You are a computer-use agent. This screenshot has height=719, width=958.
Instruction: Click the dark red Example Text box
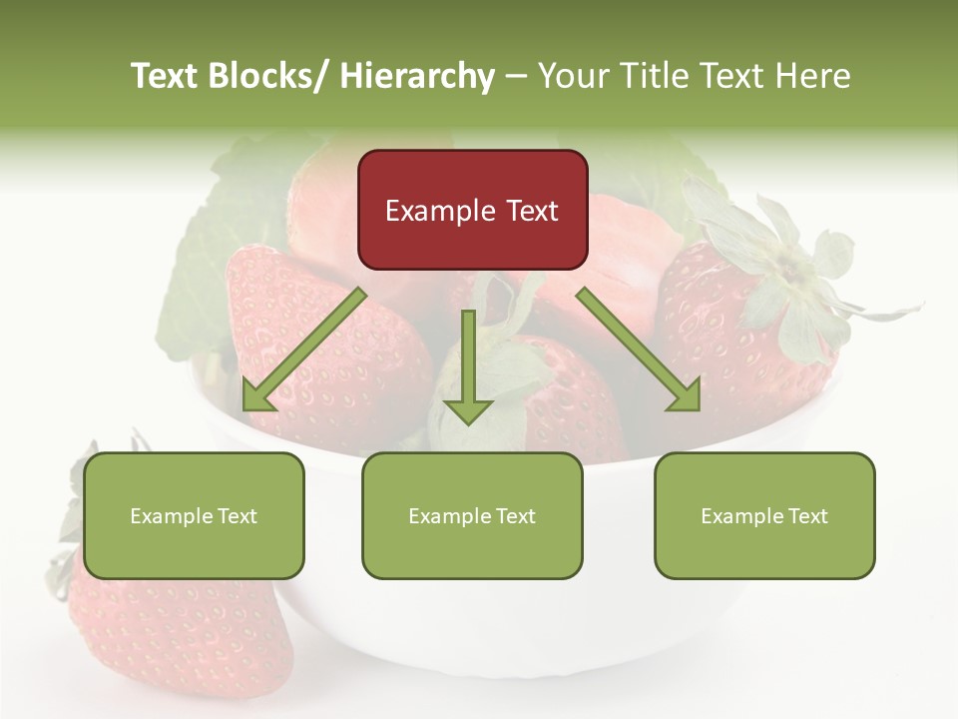472,210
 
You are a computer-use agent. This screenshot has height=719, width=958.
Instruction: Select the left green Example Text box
194,515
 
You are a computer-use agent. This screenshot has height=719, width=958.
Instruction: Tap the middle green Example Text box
472,515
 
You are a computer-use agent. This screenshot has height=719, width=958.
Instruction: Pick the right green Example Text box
764,515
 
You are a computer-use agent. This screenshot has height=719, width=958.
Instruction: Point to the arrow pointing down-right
639,350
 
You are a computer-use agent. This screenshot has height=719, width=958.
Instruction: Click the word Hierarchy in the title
417,76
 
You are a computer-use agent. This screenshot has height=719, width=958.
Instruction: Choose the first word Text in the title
166,76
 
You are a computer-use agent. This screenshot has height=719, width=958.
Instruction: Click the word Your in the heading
571,76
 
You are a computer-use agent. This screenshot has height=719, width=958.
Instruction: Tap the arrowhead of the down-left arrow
257,395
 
